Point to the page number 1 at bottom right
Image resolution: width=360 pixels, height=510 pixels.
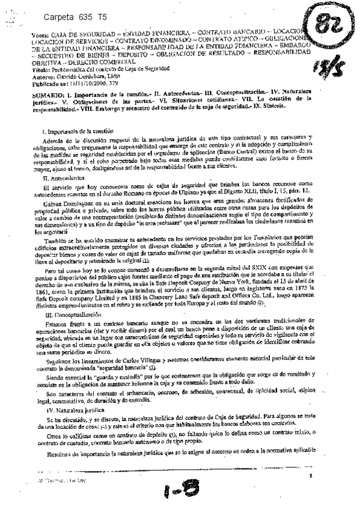click(x=311, y=476)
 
